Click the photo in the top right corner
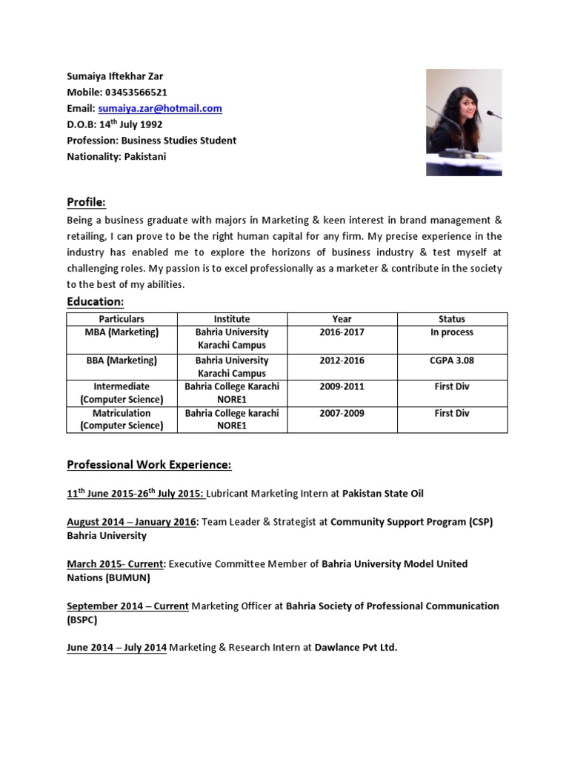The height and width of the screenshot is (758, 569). [x=463, y=122]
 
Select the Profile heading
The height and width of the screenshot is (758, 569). [x=86, y=202]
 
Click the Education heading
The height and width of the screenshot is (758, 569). [x=95, y=302]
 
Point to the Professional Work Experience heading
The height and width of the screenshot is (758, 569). [x=149, y=465]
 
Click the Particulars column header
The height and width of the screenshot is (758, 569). [x=121, y=319]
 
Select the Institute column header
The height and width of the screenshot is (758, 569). [x=232, y=319]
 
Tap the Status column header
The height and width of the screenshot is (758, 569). [x=452, y=319]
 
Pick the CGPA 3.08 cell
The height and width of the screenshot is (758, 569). [x=452, y=360]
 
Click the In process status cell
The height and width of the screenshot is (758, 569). [x=452, y=332]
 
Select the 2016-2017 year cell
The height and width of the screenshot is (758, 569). [x=342, y=332]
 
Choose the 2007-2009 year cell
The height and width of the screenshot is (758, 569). [x=342, y=413]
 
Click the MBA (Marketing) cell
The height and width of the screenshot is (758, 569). [x=122, y=332]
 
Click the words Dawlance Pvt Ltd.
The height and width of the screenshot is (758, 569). [x=356, y=648]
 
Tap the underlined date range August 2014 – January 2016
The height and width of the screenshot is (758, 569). [x=132, y=522]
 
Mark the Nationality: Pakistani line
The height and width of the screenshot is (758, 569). [x=116, y=156]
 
